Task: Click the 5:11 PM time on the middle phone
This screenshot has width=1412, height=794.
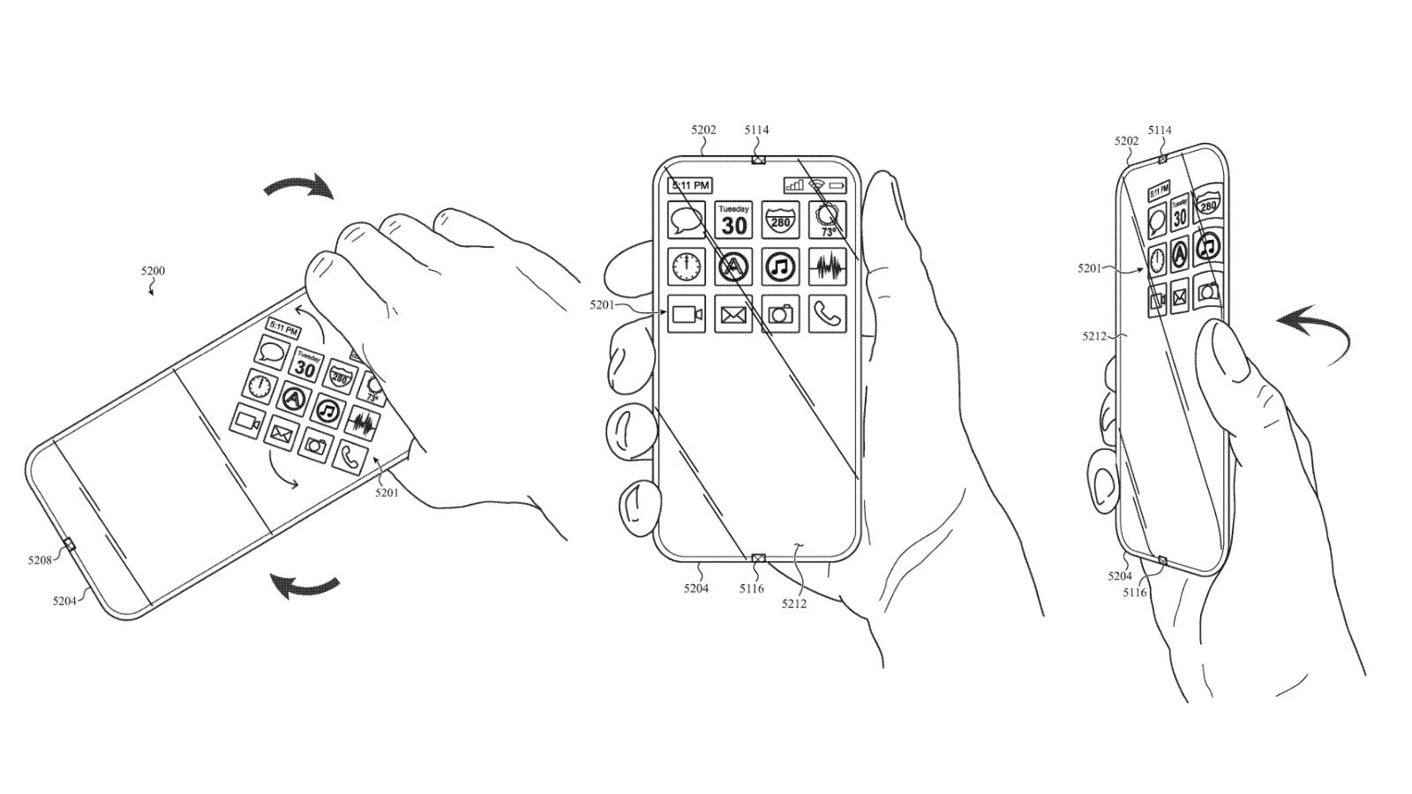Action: (689, 186)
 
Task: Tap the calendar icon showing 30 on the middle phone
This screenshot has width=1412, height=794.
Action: (733, 220)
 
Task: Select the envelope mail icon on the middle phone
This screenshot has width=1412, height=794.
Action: (733, 314)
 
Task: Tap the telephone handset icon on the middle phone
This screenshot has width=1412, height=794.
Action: (827, 313)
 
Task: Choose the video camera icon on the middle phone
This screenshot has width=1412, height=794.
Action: (686, 314)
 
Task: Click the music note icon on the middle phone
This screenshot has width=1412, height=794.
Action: (780, 266)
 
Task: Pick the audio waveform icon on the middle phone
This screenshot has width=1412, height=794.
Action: (827, 266)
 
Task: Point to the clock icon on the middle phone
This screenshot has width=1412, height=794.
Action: (686, 266)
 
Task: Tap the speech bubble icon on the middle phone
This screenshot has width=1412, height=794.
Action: (686, 220)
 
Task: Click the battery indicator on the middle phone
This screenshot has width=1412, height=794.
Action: (837, 185)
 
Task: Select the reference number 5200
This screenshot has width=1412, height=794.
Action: (152, 272)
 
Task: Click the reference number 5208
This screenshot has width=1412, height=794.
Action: (40, 558)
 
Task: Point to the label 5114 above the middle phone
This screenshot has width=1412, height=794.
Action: (756, 131)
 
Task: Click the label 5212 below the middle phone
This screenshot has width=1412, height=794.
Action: (793, 604)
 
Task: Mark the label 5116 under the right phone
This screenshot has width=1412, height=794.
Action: (1135, 593)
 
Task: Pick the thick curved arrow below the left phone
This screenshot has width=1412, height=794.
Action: (304, 585)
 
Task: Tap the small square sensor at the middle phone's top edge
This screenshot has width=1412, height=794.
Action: (757, 161)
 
